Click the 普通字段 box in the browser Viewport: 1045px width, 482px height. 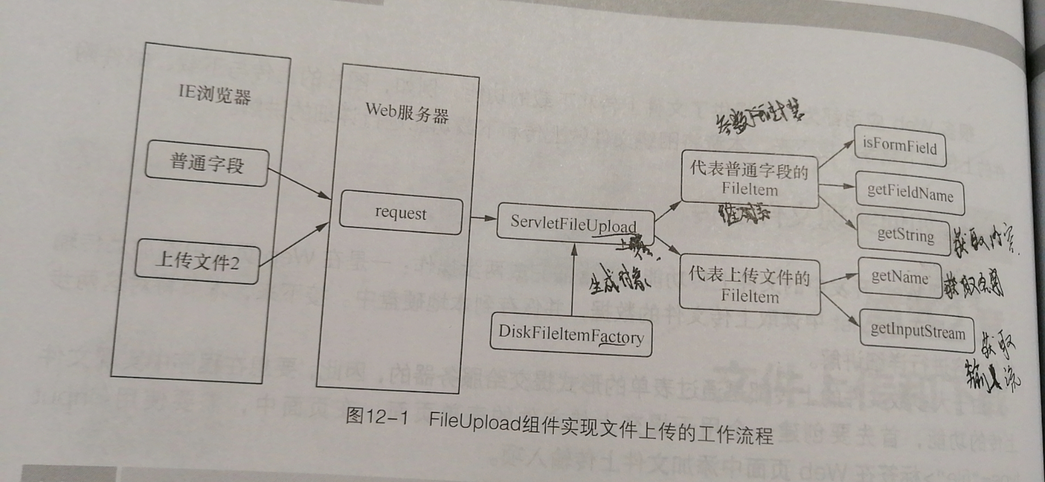click(206, 163)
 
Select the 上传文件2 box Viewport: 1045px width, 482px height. click(197, 262)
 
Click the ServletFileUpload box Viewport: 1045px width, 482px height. click(574, 223)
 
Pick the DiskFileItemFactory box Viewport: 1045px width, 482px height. click(571, 335)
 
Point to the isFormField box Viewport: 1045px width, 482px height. click(899, 146)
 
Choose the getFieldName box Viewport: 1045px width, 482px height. click(910, 193)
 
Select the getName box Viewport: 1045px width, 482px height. click(899, 278)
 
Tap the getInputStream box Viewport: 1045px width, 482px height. click(917, 332)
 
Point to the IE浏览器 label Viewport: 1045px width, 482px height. click(214, 94)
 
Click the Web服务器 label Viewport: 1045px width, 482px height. click(407, 112)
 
